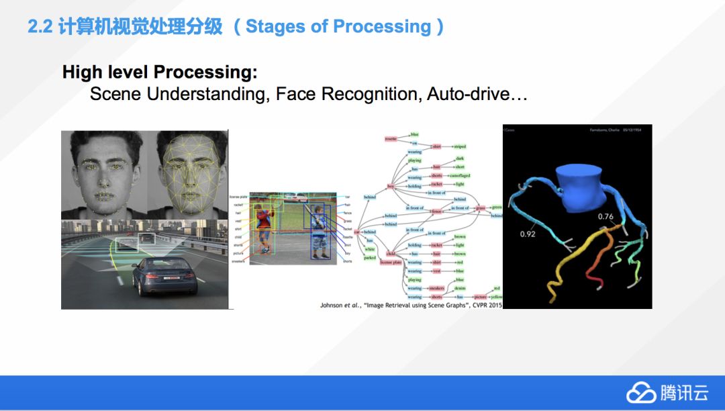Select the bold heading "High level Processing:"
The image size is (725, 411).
(160, 73)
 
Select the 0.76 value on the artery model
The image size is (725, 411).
(606, 216)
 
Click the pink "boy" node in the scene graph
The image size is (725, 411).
(390, 186)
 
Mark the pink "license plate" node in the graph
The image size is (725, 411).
(391, 263)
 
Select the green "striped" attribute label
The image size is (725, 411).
(459, 146)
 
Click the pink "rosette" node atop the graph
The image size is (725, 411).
(391, 138)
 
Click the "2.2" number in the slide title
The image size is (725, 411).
(40, 27)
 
